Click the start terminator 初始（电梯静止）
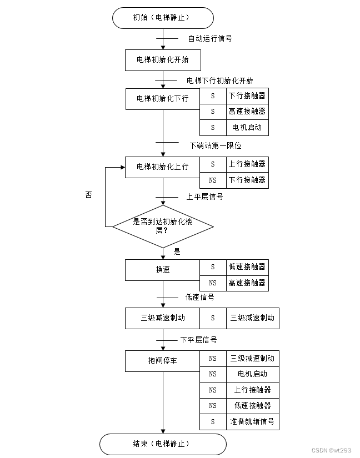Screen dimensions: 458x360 point(163,18)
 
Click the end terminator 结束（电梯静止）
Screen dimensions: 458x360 point(163,444)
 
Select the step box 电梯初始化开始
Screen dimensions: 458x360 point(163,60)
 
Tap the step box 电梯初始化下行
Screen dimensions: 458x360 point(163,98)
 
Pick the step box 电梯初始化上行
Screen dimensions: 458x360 point(163,167)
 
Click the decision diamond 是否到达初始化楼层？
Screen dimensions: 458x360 point(163,225)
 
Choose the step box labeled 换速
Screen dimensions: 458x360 point(163,269)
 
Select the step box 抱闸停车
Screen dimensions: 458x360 point(163,360)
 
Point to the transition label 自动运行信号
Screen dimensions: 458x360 point(209,39)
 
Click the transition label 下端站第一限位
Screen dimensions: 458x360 point(216,145)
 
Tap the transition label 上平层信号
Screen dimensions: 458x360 point(204,197)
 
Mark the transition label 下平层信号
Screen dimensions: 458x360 point(198,340)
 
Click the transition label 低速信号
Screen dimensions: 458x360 point(199,298)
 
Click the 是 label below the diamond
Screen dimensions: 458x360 point(177,251)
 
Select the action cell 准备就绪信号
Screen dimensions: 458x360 point(252,421)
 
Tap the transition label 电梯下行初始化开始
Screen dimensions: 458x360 point(219,81)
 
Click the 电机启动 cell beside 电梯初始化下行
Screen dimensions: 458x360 point(247,128)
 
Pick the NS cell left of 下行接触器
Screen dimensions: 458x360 point(212,180)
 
